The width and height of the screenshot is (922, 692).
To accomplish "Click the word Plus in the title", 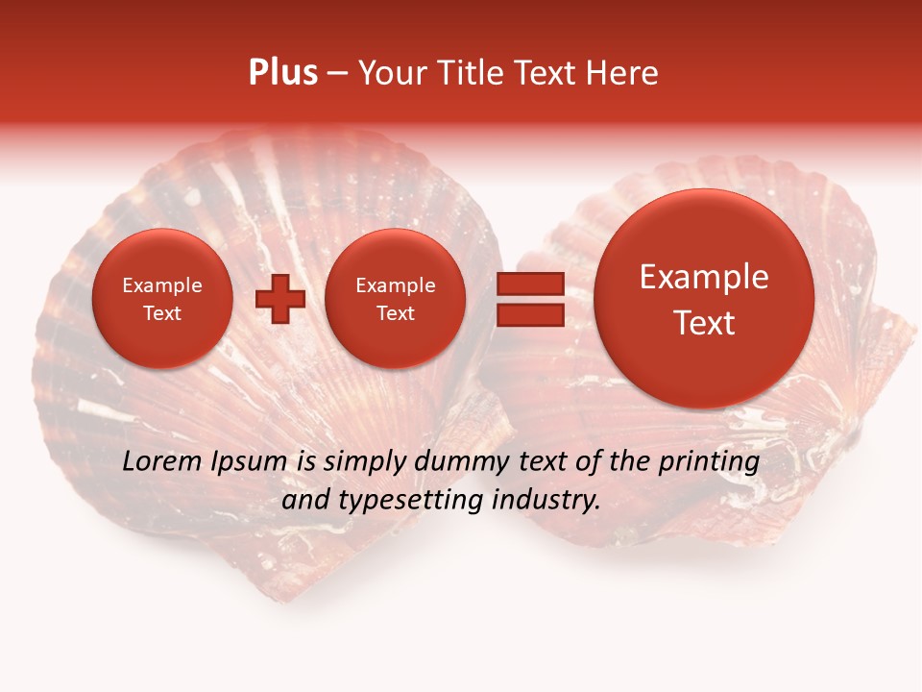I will pyautogui.click(x=282, y=73).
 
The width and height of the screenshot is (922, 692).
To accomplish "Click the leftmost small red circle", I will pyautogui.click(x=161, y=299).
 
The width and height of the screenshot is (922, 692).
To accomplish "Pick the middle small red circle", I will pyautogui.click(x=395, y=299).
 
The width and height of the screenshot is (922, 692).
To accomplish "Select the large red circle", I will pyautogui.click(x=704, y=299).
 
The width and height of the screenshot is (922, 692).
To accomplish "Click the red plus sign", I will pyautogui.click(x=280, y=299).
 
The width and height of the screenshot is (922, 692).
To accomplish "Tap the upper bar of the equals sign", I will pyautogui.click(x=529, y=284).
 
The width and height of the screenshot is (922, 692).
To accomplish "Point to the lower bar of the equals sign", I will pyautogui.click(x=529, y=315).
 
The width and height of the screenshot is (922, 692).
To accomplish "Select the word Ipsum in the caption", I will pyautogui.click(x=249, y=462).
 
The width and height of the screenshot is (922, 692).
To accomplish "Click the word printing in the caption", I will pyautogui.click(x=710, y=462).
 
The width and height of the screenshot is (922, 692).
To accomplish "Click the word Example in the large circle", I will pyautogui.click(x=704, y=277).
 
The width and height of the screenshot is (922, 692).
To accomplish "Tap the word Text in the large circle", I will pyautogui.click(x=704, y=323).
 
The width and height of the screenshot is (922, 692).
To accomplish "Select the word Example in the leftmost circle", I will pyautogui.click(x=161, y=285).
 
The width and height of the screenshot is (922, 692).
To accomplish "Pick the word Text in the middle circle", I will pyautogui.click(x=395, y=313).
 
